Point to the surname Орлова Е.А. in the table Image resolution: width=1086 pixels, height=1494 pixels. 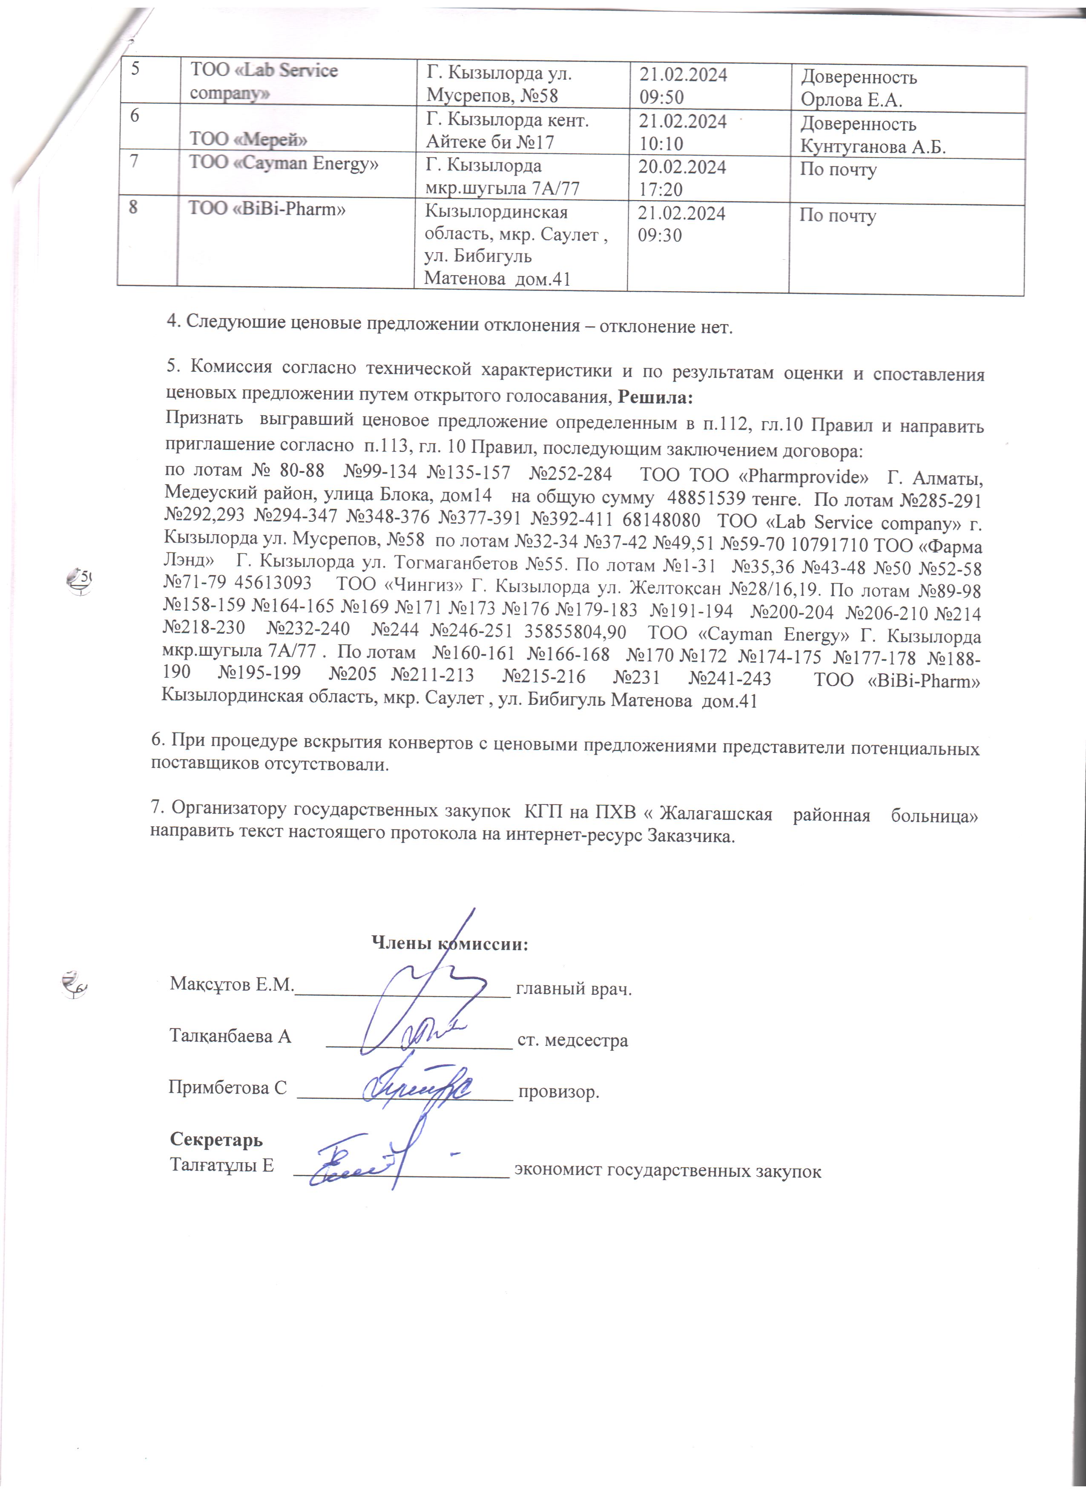tap(851, 100)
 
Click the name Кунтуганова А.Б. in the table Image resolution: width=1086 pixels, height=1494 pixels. tap(873, 147)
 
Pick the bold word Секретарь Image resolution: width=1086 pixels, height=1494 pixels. tap(216, 1139)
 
